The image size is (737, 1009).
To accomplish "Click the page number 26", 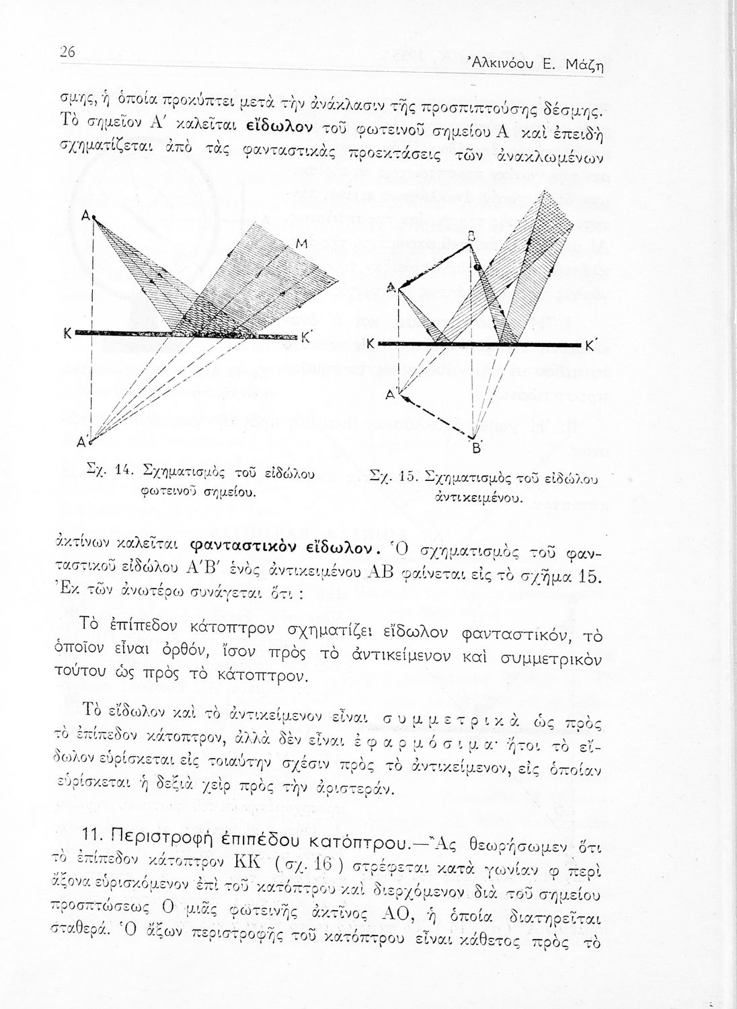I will [67, 52].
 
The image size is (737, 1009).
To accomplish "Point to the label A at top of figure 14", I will [86, 216].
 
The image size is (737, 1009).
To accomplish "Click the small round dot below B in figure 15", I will [477, 267].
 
